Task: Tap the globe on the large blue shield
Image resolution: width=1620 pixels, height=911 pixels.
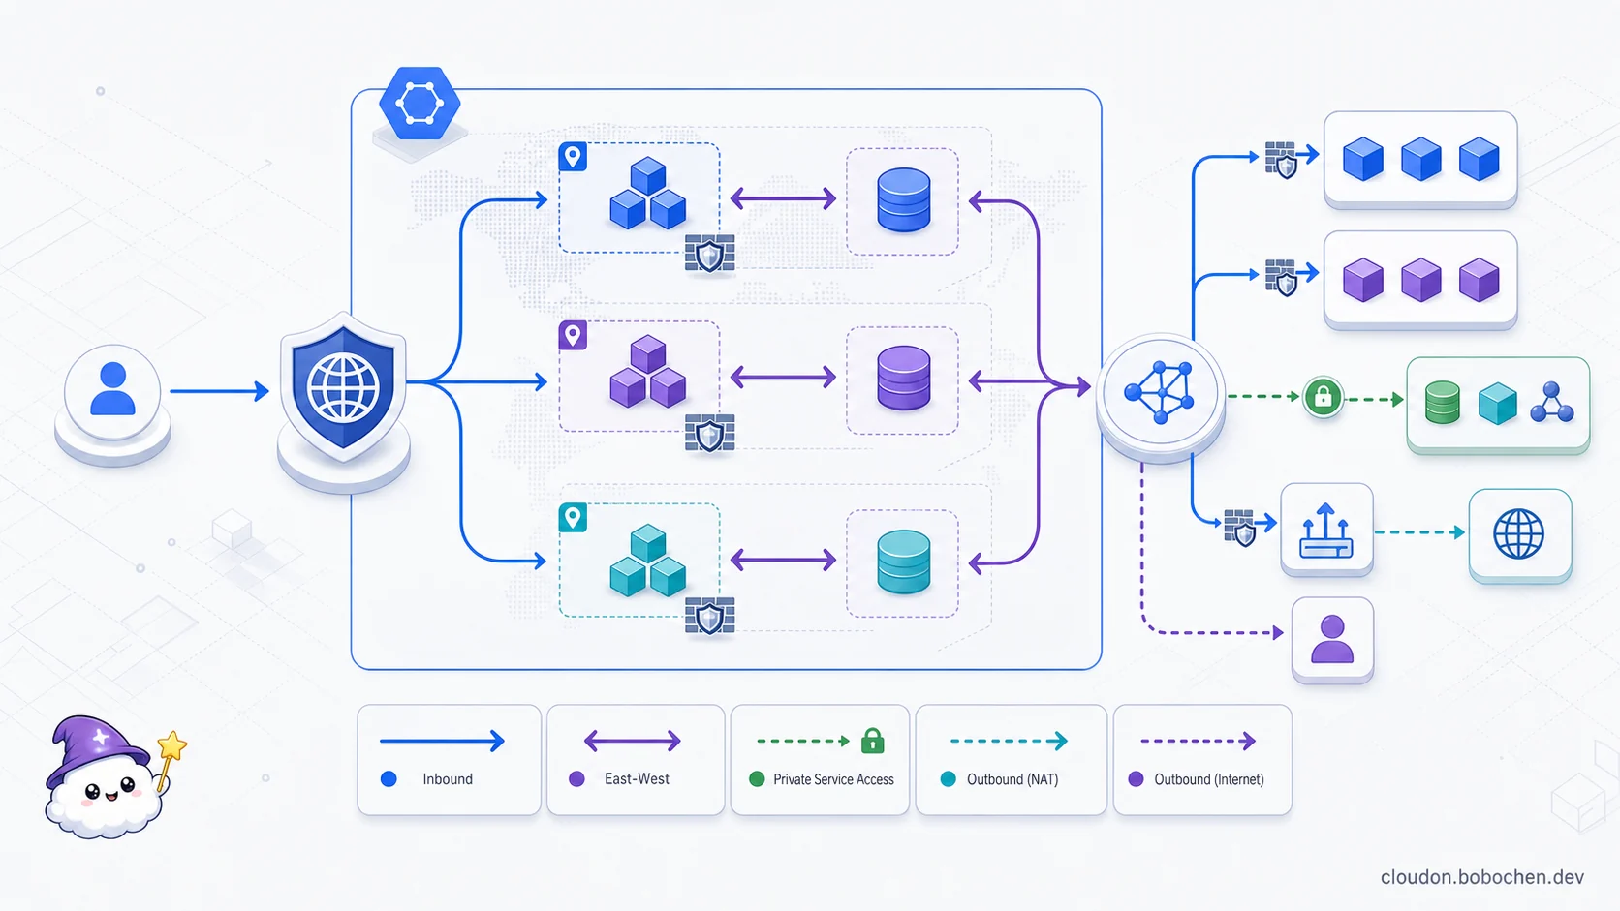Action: pyautogui.click(x=343, y=388)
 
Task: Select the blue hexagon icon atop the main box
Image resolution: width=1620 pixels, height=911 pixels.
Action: pyautogui.click(x=420, y=103)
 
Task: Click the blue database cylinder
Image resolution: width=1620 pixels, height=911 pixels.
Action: pyautogui.click(x=903, y=200)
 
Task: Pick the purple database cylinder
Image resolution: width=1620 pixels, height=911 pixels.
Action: pyautogui.click(x=903, y=378)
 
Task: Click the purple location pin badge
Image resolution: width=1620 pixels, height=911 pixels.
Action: pyautogui.click(x=573, y=336)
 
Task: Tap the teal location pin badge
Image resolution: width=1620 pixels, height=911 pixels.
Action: pyautogui.click(x=573, y=518)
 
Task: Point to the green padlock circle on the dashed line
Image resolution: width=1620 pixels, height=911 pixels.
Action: pyautogui.click(x=1323, y=397)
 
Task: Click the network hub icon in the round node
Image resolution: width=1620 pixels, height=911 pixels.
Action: pyautogui.click(x=1160, y=392)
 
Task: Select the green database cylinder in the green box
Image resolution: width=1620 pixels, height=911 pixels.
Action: pyautogui.click(x=1442, y=403)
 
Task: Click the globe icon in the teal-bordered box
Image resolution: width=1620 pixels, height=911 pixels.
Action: pyautogui.click(x=1519, y=533)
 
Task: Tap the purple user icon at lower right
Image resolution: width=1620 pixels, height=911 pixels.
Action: pyautogui.click(x=1332, y=639)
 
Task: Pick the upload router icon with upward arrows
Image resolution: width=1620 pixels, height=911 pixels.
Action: pyautogui.click(x=1325, y=531)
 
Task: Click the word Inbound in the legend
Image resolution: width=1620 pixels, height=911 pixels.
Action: pyautogui.click(x=448, y=778)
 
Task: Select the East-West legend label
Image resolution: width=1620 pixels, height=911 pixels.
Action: pyautogui.click(x=637, y=778)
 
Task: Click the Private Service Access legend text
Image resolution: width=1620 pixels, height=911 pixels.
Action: pyautogui.click(x=833, y=779)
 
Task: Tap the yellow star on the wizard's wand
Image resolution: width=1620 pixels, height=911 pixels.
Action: pyautogui.click(x=172, y=745)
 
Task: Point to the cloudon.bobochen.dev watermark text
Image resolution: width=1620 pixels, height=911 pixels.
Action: pyautogui.click(x=1481, y=877)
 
